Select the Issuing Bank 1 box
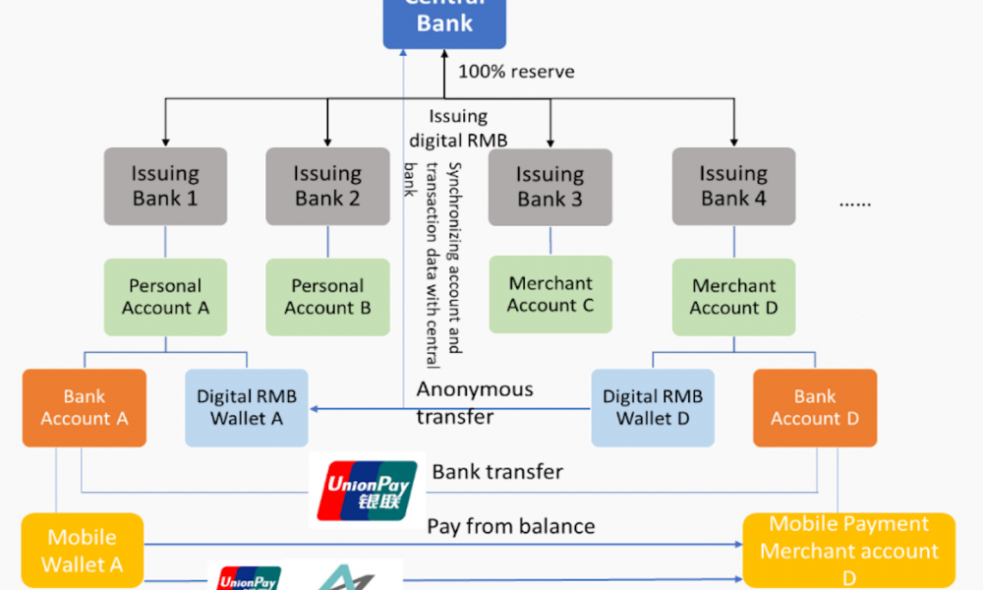[165, 186]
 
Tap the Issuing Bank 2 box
[327, 186]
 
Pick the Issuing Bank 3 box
[549, 187]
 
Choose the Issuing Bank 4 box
[733, 186]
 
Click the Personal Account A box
[165, 297]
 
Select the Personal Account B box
[327, 297]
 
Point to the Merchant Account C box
[550, 295]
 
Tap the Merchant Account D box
[733, 297]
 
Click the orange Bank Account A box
[84, 407]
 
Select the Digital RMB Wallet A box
[246, 408]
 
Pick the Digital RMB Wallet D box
[653, 408]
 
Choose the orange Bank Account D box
[815, 407]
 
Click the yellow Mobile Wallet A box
[83, 551]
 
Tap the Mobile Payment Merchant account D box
[849, 551]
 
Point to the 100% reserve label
[516, 72]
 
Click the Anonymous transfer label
[475, 402]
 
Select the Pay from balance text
[511, 527]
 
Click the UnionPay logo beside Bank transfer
[367, 490]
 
